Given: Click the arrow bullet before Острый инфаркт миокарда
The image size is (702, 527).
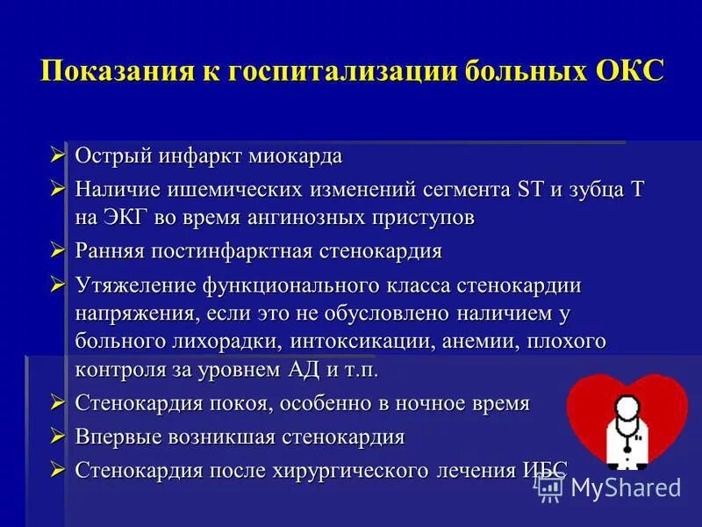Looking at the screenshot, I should point(58,155).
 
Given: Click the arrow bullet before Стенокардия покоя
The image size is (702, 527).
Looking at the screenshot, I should point(58,402).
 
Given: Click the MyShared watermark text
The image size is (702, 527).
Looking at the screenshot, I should point(625,487).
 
